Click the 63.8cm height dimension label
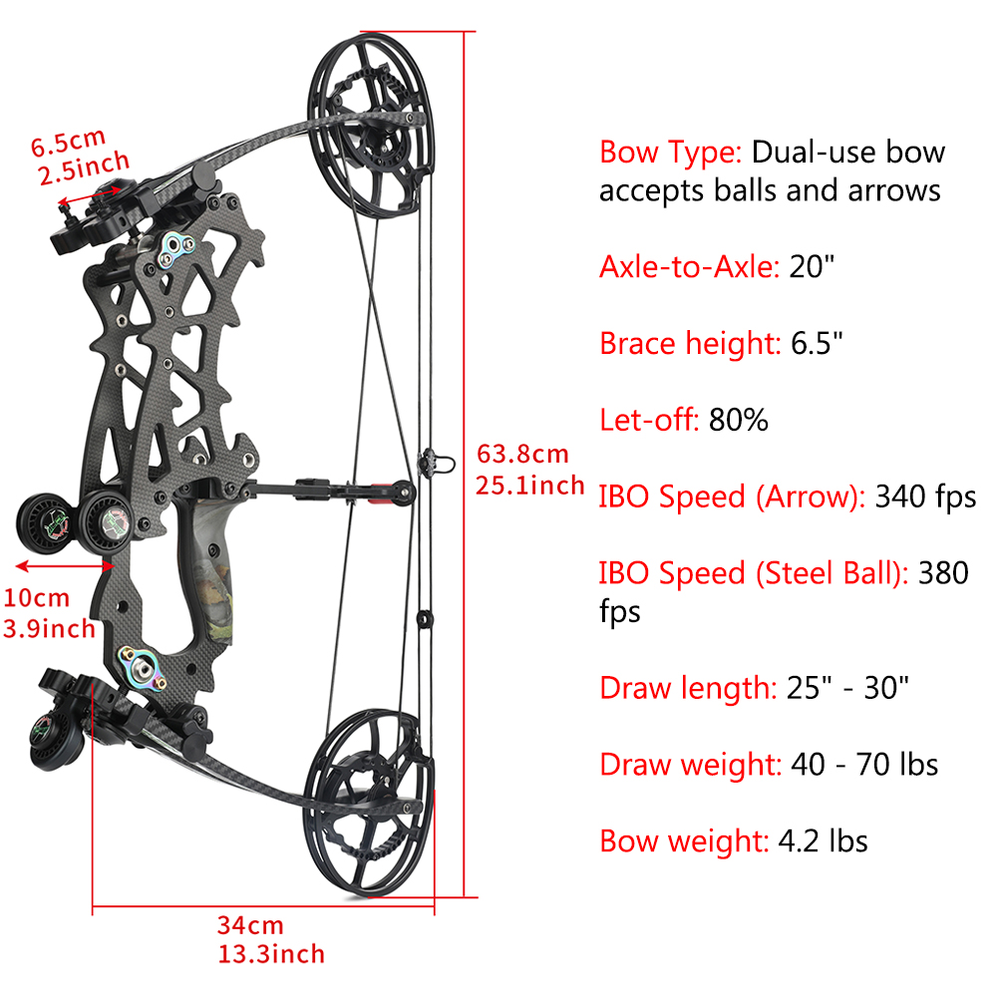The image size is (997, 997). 522,454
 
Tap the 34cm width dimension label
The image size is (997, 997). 250,925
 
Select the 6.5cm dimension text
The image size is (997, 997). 68,143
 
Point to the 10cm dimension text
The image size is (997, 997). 36,597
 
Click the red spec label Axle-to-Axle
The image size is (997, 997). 689,266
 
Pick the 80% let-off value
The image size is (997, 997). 738,420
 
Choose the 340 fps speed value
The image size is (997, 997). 925,497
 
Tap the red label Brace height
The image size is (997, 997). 690,343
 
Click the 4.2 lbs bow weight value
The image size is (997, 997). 823,840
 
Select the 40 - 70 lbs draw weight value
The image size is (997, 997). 864,764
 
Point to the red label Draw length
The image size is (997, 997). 689,688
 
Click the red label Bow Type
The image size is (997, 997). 671,153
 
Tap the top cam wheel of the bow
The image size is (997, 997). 372,125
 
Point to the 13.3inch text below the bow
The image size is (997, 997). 271,954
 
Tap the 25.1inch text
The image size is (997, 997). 529,486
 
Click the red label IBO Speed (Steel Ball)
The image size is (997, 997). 754,573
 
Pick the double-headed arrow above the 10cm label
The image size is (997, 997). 65,565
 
